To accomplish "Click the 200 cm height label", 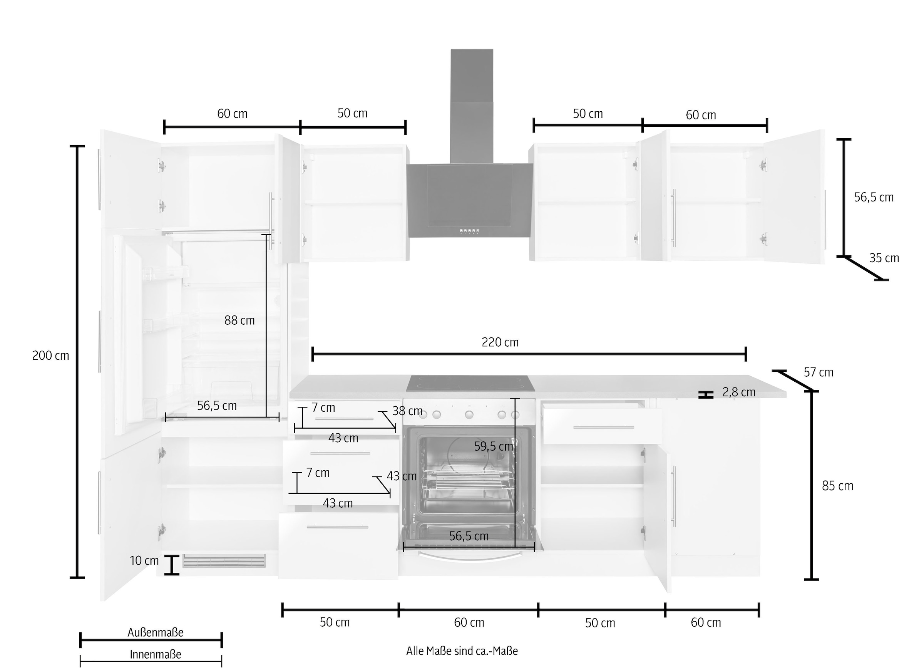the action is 50,356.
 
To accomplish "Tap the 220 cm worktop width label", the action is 500,342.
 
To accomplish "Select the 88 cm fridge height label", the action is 239,320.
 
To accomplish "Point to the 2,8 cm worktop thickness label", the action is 739,392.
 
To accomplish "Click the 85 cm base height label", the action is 837,486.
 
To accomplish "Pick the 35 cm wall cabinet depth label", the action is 884,258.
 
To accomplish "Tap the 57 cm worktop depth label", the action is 818,372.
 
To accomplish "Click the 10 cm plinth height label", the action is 144,560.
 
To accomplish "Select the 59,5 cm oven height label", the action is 493,447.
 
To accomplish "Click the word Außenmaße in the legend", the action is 155,632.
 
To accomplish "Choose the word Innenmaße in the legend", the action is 155,654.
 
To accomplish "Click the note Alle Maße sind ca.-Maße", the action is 462,651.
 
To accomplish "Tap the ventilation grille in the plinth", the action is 224,560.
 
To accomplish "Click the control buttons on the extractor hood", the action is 469,231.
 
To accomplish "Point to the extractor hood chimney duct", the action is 472,106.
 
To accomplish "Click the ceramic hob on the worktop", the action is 470,383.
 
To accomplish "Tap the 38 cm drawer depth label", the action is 407,411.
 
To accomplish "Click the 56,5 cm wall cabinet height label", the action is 874,197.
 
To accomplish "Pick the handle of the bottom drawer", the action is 337,527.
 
